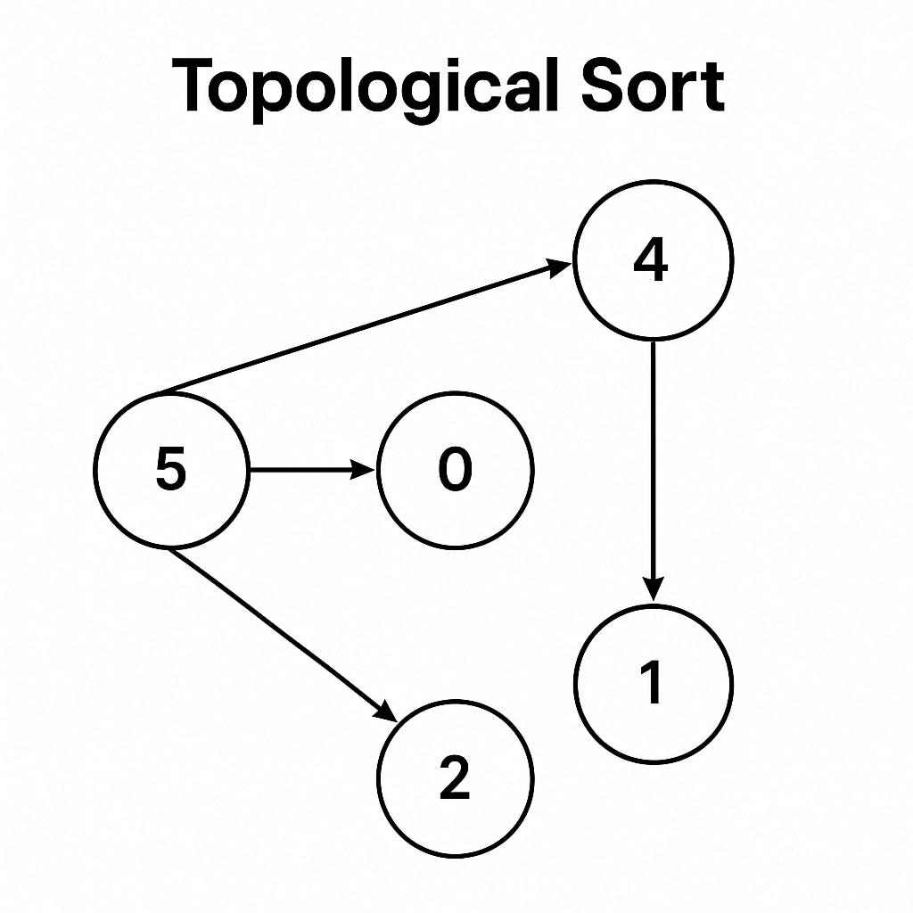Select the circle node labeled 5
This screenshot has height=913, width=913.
(171, 469)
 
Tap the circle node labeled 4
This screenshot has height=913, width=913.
(654, 260)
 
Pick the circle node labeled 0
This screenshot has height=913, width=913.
(455, 469)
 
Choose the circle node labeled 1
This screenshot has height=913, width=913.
(654, 684)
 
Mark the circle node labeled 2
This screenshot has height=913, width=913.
(455, 777)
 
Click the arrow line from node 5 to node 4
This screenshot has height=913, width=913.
(357, 331)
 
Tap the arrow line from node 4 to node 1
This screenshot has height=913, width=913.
(654, 464)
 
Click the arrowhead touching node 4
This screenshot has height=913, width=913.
(559, 266)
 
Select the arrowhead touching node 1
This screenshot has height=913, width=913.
(654, 589)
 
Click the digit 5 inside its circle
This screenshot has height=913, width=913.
(171, 469)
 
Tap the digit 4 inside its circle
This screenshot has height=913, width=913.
(651, 260)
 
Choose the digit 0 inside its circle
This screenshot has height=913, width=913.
(455, 470)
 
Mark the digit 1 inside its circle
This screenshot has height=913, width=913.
(653, 684)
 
